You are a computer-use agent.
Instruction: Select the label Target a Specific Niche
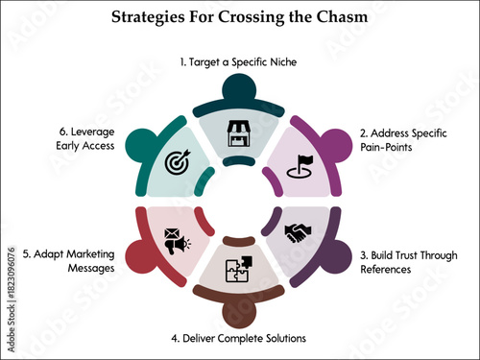[x=239, y=61]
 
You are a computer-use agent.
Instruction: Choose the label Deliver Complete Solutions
[x=239, y=338]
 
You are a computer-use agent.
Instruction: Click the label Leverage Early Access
[x=80, y=139]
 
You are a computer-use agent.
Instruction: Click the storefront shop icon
[x=239, y=135]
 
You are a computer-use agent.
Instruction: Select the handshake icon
[x=299, y=233]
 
